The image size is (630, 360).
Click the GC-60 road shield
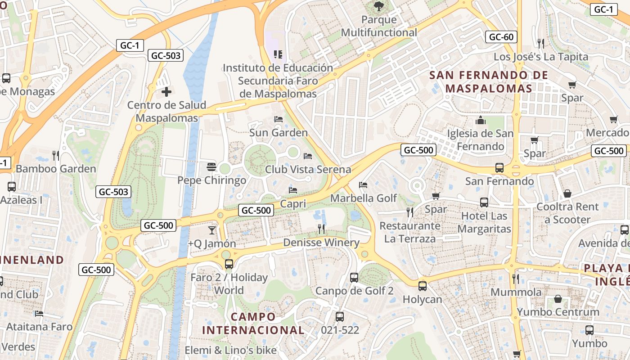501,37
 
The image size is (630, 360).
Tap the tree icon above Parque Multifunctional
378,6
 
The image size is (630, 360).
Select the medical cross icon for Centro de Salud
166,92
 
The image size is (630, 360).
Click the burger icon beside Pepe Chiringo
211,167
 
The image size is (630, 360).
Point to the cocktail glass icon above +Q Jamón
211,230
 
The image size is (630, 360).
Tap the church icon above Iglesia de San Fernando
480,120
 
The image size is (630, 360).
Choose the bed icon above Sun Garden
279,119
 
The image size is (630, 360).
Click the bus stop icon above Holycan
422,286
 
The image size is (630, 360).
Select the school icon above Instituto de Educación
278,54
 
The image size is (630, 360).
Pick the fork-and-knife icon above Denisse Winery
321,229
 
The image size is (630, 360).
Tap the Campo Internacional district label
253,323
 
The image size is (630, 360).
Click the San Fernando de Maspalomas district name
489,81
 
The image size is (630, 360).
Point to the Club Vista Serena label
308,169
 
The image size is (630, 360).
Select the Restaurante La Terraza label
409,232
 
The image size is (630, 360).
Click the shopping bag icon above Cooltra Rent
567,193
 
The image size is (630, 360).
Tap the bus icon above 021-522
340,317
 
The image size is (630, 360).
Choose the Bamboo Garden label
56,169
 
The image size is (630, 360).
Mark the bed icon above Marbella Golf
363,185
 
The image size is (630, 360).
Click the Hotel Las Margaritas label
484,222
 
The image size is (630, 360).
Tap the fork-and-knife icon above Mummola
516,279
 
